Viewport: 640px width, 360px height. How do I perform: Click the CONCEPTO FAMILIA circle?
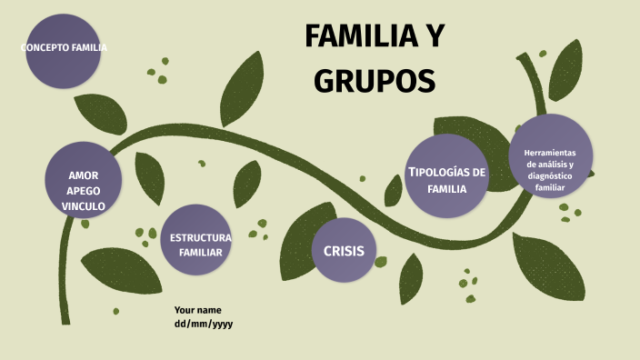[x=64, y=51]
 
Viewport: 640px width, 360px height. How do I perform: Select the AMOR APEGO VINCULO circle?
[x=84, y=179]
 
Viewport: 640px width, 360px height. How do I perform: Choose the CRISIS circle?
[x=343, y=250]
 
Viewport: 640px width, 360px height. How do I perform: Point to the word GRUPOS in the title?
[x=375, y=81]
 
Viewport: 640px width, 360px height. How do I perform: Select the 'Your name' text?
[x=198, y=309]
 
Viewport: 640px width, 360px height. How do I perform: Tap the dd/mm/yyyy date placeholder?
[x=204, y=324]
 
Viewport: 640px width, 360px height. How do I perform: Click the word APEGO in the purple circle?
[x=84, y=190]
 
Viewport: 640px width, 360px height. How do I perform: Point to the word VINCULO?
[x=84, y=206]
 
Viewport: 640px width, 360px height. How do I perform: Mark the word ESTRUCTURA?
[x=200, y=236]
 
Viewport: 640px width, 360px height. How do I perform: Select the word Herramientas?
[x=551, y=152]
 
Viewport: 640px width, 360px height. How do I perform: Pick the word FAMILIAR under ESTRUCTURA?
[x=200, y=252]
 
